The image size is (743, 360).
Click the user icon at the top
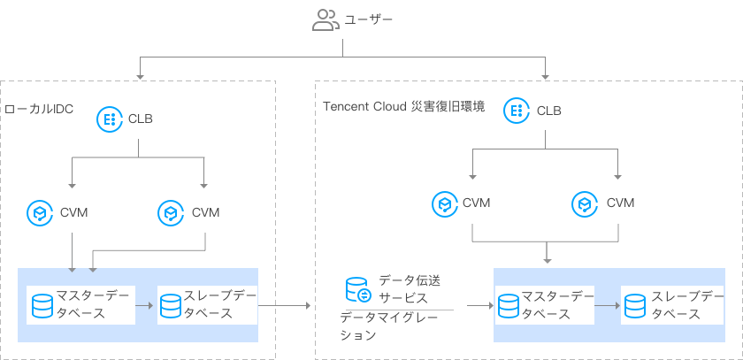click(x=326, y=20)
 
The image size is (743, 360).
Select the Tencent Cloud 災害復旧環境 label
click(x=402, y=107)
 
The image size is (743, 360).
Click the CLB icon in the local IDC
click(x=109, y=119)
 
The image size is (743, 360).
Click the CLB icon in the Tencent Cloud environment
click(x=517, y=111)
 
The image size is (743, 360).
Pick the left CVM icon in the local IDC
click(x=40, y=212)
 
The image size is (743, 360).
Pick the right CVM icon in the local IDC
click(x=170, y=212)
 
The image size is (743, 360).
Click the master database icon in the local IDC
click(x=42, y=305)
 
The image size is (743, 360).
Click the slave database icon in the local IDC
click(x=171, y=305)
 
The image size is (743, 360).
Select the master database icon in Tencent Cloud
click(x=507, y=306)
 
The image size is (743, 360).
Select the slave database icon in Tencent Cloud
click(x=634, y=306)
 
